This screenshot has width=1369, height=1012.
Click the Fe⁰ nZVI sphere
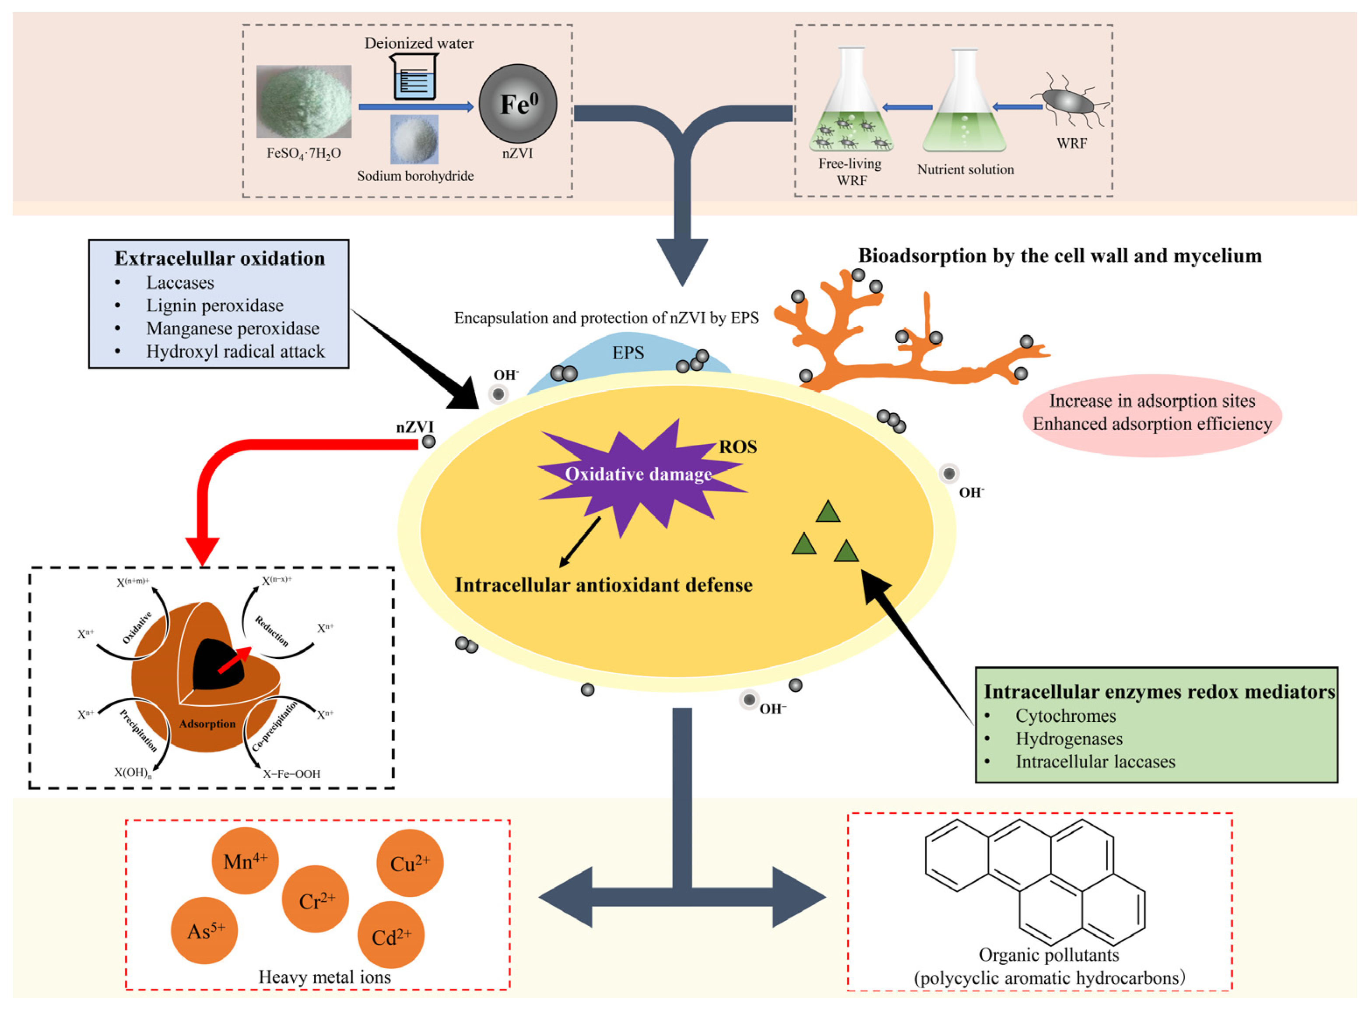click(x=518, y=104)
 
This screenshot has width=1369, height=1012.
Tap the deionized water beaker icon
click(x=414, y=77)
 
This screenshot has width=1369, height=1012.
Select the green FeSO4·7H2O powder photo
click(x=304, y=102)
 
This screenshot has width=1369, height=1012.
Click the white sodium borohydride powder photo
click(x=414, y=139)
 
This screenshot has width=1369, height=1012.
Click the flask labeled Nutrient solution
click(x=964, y=107)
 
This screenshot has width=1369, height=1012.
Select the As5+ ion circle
click(x=204, y=931)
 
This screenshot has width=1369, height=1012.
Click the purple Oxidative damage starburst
click(x=637, y=475)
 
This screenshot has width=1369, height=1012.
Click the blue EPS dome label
click(x=628, y=353)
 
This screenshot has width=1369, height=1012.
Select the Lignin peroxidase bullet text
click(x=214, y=306)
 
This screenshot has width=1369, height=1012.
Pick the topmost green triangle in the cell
click(x=828, y=512)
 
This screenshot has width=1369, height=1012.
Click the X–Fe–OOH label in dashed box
click(x=291, y=774)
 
